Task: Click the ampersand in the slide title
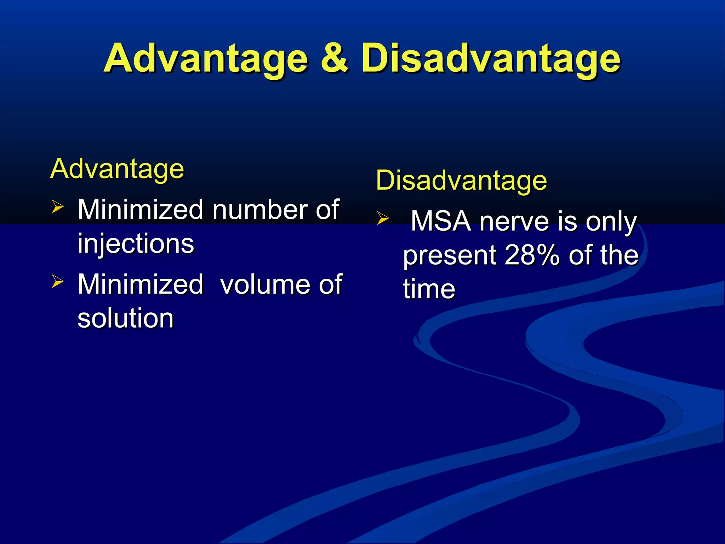click(x=334, y=58)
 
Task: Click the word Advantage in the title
click(x=206, y=58)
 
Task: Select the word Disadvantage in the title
click(x=491, y=58)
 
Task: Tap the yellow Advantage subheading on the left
click(x=117, y=169)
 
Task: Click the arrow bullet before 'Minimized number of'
click(x=57, y=206)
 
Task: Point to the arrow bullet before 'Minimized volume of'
click(x=57, y=281)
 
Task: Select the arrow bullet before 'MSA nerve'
click(x=383, y=218)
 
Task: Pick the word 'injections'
click(x=136, y=244)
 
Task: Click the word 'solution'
click(x=126, y=318)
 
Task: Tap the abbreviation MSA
click(x=441, y=221)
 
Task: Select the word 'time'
click(x=429, y=289)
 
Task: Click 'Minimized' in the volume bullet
click(x=141, y=284)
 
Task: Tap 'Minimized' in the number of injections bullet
click(x=141, y=210)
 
